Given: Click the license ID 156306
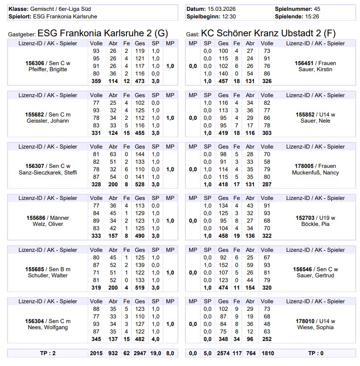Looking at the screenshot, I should (x=35, y=63).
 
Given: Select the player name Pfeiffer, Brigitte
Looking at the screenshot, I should (x=48, y=69).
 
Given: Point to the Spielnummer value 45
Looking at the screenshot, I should (x=317, y=9).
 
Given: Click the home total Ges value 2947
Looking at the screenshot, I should (x=140, y=353).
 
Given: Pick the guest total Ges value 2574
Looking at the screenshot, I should (x=223, y=353).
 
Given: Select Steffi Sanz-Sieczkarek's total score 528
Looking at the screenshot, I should (x=140, y=184).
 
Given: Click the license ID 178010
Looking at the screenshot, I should (x=305, y=321).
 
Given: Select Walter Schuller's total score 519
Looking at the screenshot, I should (x=140, y=288).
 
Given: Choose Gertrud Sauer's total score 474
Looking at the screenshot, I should (x=223, y=288).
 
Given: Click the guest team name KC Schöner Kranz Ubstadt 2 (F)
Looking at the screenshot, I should (x=268, y=33).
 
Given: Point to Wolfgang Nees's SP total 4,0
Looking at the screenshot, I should (x=156, y=339).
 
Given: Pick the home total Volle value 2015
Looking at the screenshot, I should (x=96, y=353).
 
